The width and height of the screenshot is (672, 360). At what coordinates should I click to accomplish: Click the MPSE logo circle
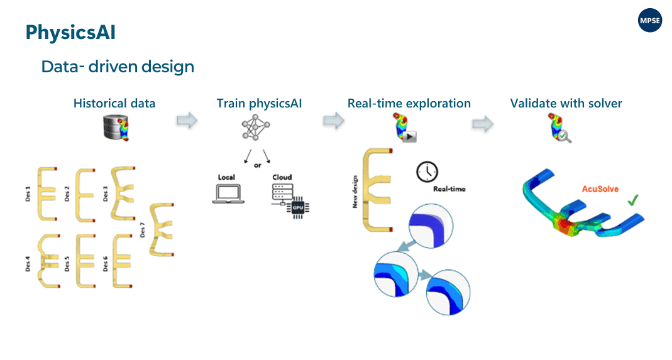(650, 21)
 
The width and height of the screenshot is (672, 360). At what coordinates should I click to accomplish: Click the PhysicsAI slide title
(70, 32)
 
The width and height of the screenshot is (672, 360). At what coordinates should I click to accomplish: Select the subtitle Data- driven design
(118, 66)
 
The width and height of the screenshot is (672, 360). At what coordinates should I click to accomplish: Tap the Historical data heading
(114, 103)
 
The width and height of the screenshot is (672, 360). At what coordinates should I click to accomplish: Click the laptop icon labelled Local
(226, 194)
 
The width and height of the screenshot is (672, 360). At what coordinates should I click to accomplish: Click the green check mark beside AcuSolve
(633, 201)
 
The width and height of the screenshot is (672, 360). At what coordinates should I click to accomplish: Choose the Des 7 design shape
(162, 230)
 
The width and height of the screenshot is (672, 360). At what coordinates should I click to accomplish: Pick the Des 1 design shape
(48, 194)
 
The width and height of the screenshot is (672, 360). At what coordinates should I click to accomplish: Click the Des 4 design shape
(48, 260)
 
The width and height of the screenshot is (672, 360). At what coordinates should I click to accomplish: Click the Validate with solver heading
(566, 103)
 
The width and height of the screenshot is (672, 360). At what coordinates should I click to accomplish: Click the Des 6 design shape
(121, 261)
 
